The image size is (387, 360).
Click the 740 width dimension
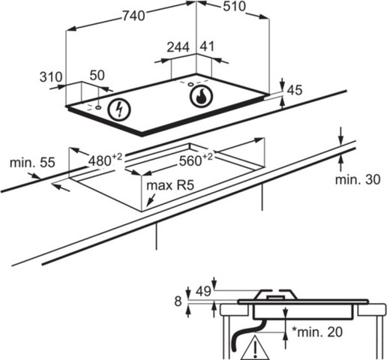133,16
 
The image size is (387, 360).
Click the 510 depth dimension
234,7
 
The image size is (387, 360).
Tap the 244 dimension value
178,47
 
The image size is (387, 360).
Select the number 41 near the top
207,46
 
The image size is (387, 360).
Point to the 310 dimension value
51,77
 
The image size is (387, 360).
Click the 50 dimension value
97,75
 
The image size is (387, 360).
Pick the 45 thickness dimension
295,90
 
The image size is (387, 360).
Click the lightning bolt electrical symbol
119,109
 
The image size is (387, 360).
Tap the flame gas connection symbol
201,97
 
